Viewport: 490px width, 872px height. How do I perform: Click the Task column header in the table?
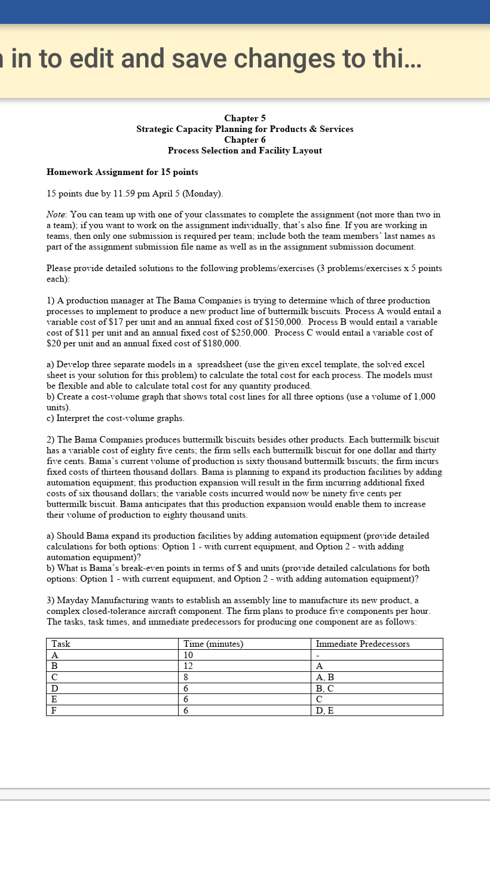(x=61, y=644)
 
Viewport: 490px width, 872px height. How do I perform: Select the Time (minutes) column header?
(x=213, y=644)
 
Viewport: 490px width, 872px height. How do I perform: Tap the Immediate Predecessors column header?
(x=362, y=644)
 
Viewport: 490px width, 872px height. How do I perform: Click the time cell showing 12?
(x=189, y=666)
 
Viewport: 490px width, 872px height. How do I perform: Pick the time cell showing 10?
(x=189, y=655)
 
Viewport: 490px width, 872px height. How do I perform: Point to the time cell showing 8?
(x=186, y=677)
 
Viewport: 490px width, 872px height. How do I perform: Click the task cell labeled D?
(x=55, y=688)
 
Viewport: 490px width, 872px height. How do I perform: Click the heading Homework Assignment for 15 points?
(x=122, y=172)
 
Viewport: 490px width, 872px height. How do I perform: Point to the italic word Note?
(x=56, y=214)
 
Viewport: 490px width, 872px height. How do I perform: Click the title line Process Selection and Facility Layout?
(x=244, y=151)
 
